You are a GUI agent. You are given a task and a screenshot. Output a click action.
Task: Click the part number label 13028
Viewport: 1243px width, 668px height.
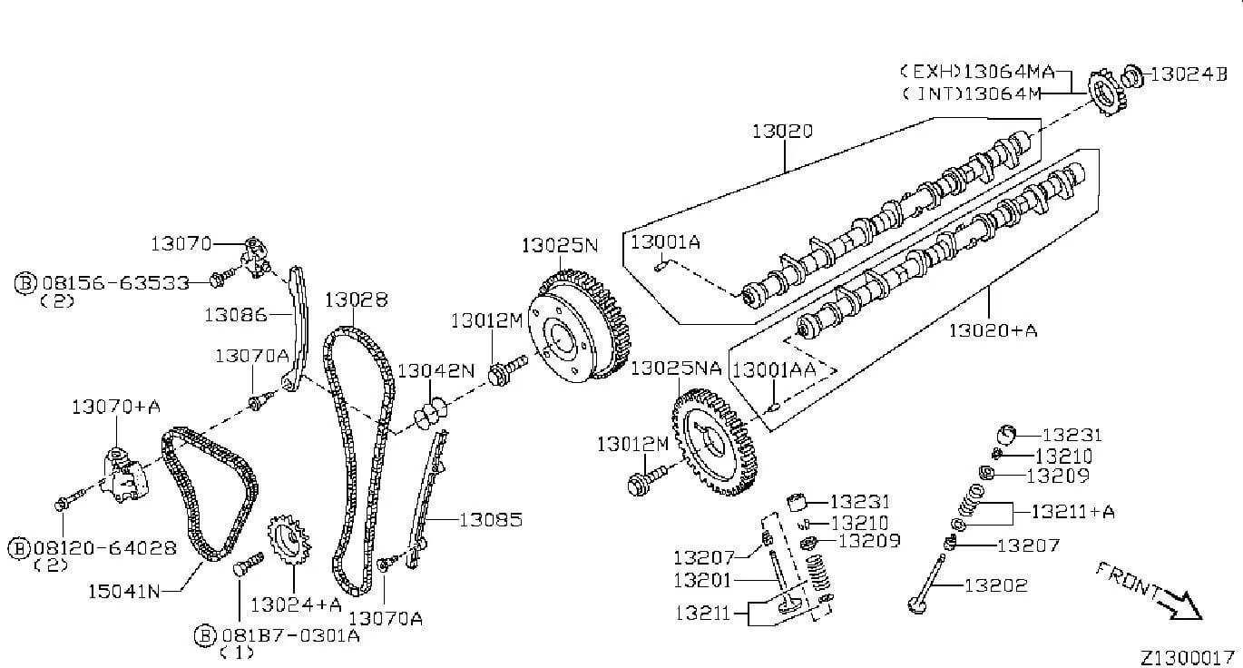pyautogui.click(x=356, y=300)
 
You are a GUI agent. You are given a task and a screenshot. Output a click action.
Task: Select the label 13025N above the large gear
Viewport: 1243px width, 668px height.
pyautogui.click(x=560, y=245)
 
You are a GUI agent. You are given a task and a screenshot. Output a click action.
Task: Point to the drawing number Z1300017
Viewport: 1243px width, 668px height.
pyautogui.click(x=1187, y=658)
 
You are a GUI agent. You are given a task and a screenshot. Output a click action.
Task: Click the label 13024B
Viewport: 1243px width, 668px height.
pyautogui.click(x=1189, y=74)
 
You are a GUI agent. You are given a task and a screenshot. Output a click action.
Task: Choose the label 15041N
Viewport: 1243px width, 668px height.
pyautogui.click(x=123, y=592)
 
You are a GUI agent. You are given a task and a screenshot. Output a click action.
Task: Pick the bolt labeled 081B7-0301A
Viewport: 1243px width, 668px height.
pyautogui.click(x=248, y=563)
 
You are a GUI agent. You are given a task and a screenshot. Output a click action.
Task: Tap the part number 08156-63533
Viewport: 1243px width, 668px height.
pyautogui.click(x=116, y=283)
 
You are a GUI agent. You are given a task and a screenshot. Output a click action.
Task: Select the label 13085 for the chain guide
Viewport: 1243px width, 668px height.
pyautogui.click(x=491, y=520)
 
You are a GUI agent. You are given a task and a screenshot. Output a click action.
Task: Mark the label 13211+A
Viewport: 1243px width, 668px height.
pyautogui.click(x=1072, y=511)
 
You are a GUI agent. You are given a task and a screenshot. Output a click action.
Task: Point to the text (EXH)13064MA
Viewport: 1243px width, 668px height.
pyautogui.click(x=976, y=72)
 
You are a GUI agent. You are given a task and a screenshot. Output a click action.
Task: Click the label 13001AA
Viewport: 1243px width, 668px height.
pyautogui.click(x=774, y=369)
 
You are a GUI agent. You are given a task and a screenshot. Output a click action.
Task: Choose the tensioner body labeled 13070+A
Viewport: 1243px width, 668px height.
pyautogui.click(x=125, y=476)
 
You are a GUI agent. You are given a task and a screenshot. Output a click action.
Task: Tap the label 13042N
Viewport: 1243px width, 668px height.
pyautogui.click(x=436, y=371)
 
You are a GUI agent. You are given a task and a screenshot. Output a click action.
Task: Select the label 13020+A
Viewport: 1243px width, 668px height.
pyautogui.click(x=993, y=331)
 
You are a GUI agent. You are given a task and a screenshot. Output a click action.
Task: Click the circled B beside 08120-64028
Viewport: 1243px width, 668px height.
pyautogui.click(x=19, y=548)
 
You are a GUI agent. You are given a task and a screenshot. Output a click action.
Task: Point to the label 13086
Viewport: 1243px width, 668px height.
pyautogui.click(x=236, y=316)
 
